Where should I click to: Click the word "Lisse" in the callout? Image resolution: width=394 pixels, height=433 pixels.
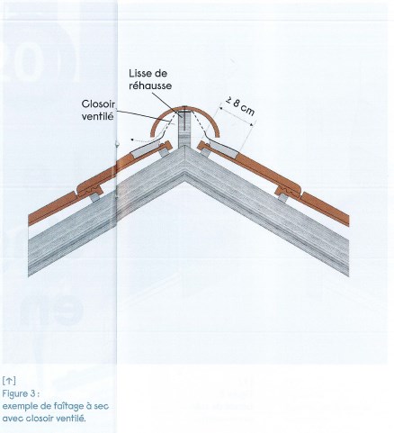(x=140, y=74)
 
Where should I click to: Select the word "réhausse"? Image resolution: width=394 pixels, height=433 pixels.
(x=150, y=86)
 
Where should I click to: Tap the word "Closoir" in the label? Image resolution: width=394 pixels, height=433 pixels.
(x=98, y=104)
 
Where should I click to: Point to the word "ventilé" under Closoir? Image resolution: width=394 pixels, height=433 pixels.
(x=97, y=116)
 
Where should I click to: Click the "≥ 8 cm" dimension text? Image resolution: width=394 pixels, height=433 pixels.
(x=240, y=107)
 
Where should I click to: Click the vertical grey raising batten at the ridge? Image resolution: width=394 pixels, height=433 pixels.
(x=184, y=129)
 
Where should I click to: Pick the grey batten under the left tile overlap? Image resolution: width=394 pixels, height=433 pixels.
(x=94, y=197)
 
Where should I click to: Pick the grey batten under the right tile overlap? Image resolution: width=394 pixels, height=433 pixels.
(x=283, y=197)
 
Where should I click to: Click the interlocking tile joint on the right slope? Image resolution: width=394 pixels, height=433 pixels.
(x=288, y=189)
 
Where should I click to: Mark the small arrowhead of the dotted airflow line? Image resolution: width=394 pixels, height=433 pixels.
(x=132, y=140)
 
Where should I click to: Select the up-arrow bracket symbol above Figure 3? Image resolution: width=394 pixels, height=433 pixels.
(x=9, y=381)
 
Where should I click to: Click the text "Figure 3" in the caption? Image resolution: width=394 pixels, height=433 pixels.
(x=20, y=393)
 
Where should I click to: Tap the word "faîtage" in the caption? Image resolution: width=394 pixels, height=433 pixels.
(x=65, y=407)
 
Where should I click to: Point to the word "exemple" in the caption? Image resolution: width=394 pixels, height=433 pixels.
(x=19, y=407)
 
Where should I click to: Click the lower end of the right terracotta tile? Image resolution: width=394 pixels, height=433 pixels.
(x=347, y=221)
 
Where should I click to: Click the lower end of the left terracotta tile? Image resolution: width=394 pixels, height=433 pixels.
(x=31, y=220)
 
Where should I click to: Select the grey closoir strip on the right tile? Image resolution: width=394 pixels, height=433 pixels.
(x=224, y=149)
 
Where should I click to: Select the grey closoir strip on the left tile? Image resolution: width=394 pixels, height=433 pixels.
(x=145, y=150)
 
